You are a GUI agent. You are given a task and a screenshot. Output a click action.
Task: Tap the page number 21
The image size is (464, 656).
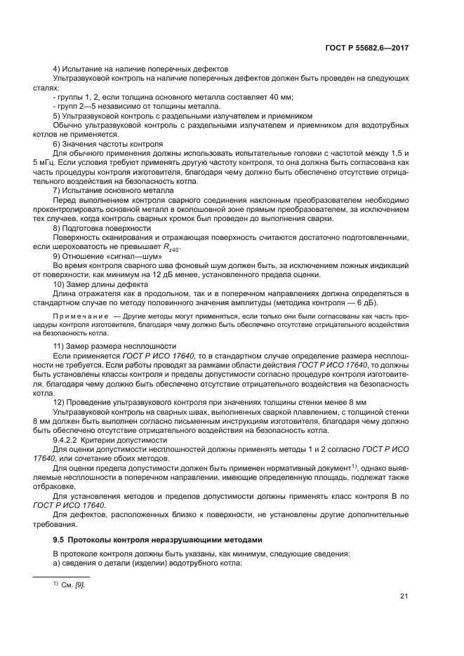[x=404, y=596]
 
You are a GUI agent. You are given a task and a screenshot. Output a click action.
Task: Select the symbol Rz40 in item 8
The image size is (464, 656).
[x=172, y=248]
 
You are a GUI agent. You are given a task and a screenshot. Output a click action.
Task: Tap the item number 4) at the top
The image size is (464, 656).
[x=57, y=69]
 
